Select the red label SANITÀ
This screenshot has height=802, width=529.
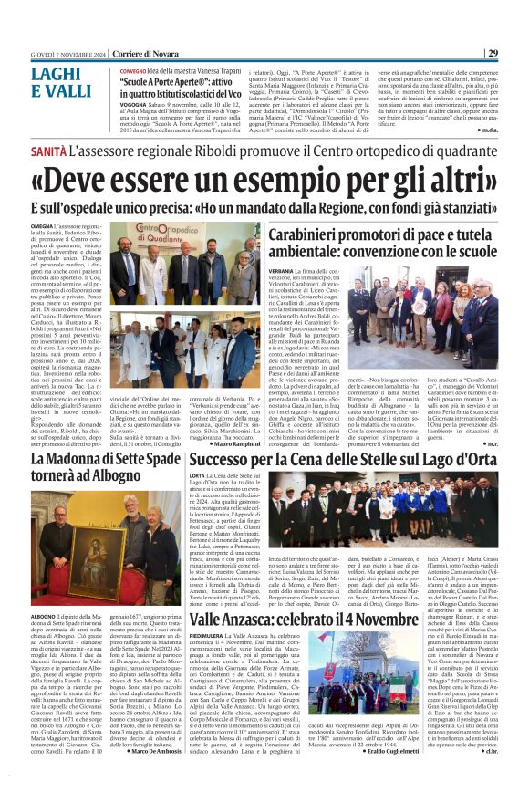pos(48,149)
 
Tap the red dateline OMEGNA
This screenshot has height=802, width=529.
pos(41,224)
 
